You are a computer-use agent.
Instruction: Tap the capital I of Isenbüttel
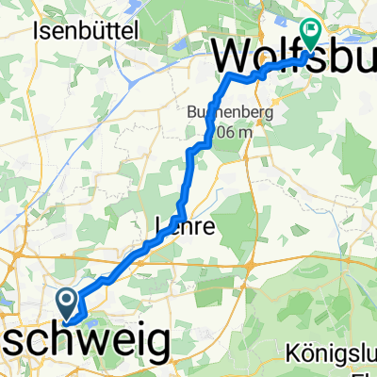[36, 30]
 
